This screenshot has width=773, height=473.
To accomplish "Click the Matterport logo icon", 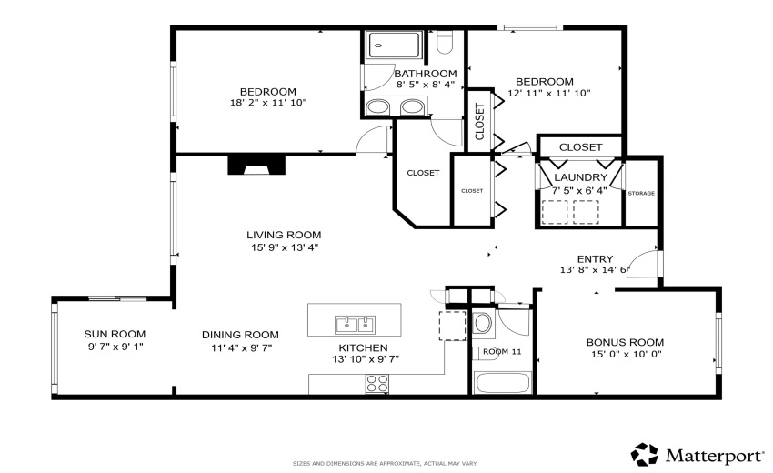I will click(644, 454).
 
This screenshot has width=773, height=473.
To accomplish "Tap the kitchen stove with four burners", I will click(377, 384).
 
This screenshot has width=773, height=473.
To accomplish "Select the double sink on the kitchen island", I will click(355, 324).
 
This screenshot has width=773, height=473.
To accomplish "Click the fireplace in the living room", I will click(256, 165).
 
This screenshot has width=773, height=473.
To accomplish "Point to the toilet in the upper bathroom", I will click(445, 43).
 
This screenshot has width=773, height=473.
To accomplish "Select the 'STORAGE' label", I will click(641, 193).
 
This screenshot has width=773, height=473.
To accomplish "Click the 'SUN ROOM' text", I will click(115, 334).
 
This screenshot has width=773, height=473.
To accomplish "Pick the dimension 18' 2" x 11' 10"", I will click(268, 103).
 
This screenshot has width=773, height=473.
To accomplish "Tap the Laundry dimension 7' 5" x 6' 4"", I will click(580, 190).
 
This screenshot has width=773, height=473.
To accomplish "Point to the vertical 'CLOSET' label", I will click(479, 121).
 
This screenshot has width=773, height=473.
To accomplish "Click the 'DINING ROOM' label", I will click(240, 334).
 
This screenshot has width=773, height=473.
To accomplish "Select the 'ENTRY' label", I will click(595, 258).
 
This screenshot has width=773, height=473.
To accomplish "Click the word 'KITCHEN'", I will click(363, 347).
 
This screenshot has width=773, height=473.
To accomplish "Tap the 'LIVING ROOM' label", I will click(284, 235).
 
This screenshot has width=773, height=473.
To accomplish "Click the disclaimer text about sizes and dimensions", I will click(385, 463).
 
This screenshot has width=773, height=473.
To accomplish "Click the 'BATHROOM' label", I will click(425, 74).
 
